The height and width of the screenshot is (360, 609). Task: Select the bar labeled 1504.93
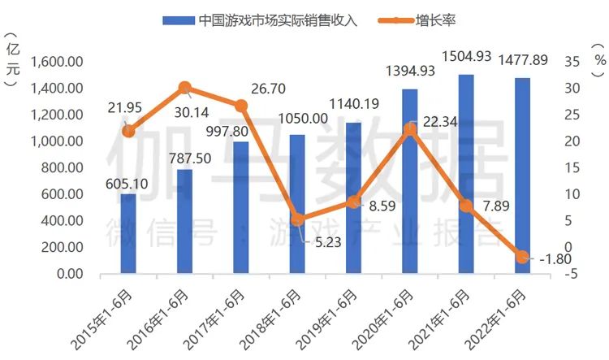(466, 174)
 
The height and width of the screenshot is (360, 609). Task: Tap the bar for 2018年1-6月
(297, 204)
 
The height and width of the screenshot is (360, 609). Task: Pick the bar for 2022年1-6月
(522, 176)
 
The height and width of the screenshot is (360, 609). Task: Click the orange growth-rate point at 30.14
(185, 88)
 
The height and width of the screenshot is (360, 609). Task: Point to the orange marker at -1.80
(522, 257)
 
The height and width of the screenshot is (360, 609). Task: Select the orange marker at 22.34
(410, 129)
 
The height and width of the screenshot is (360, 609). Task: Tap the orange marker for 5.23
(297, 219)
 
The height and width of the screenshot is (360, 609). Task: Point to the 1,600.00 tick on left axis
(57, 62)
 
